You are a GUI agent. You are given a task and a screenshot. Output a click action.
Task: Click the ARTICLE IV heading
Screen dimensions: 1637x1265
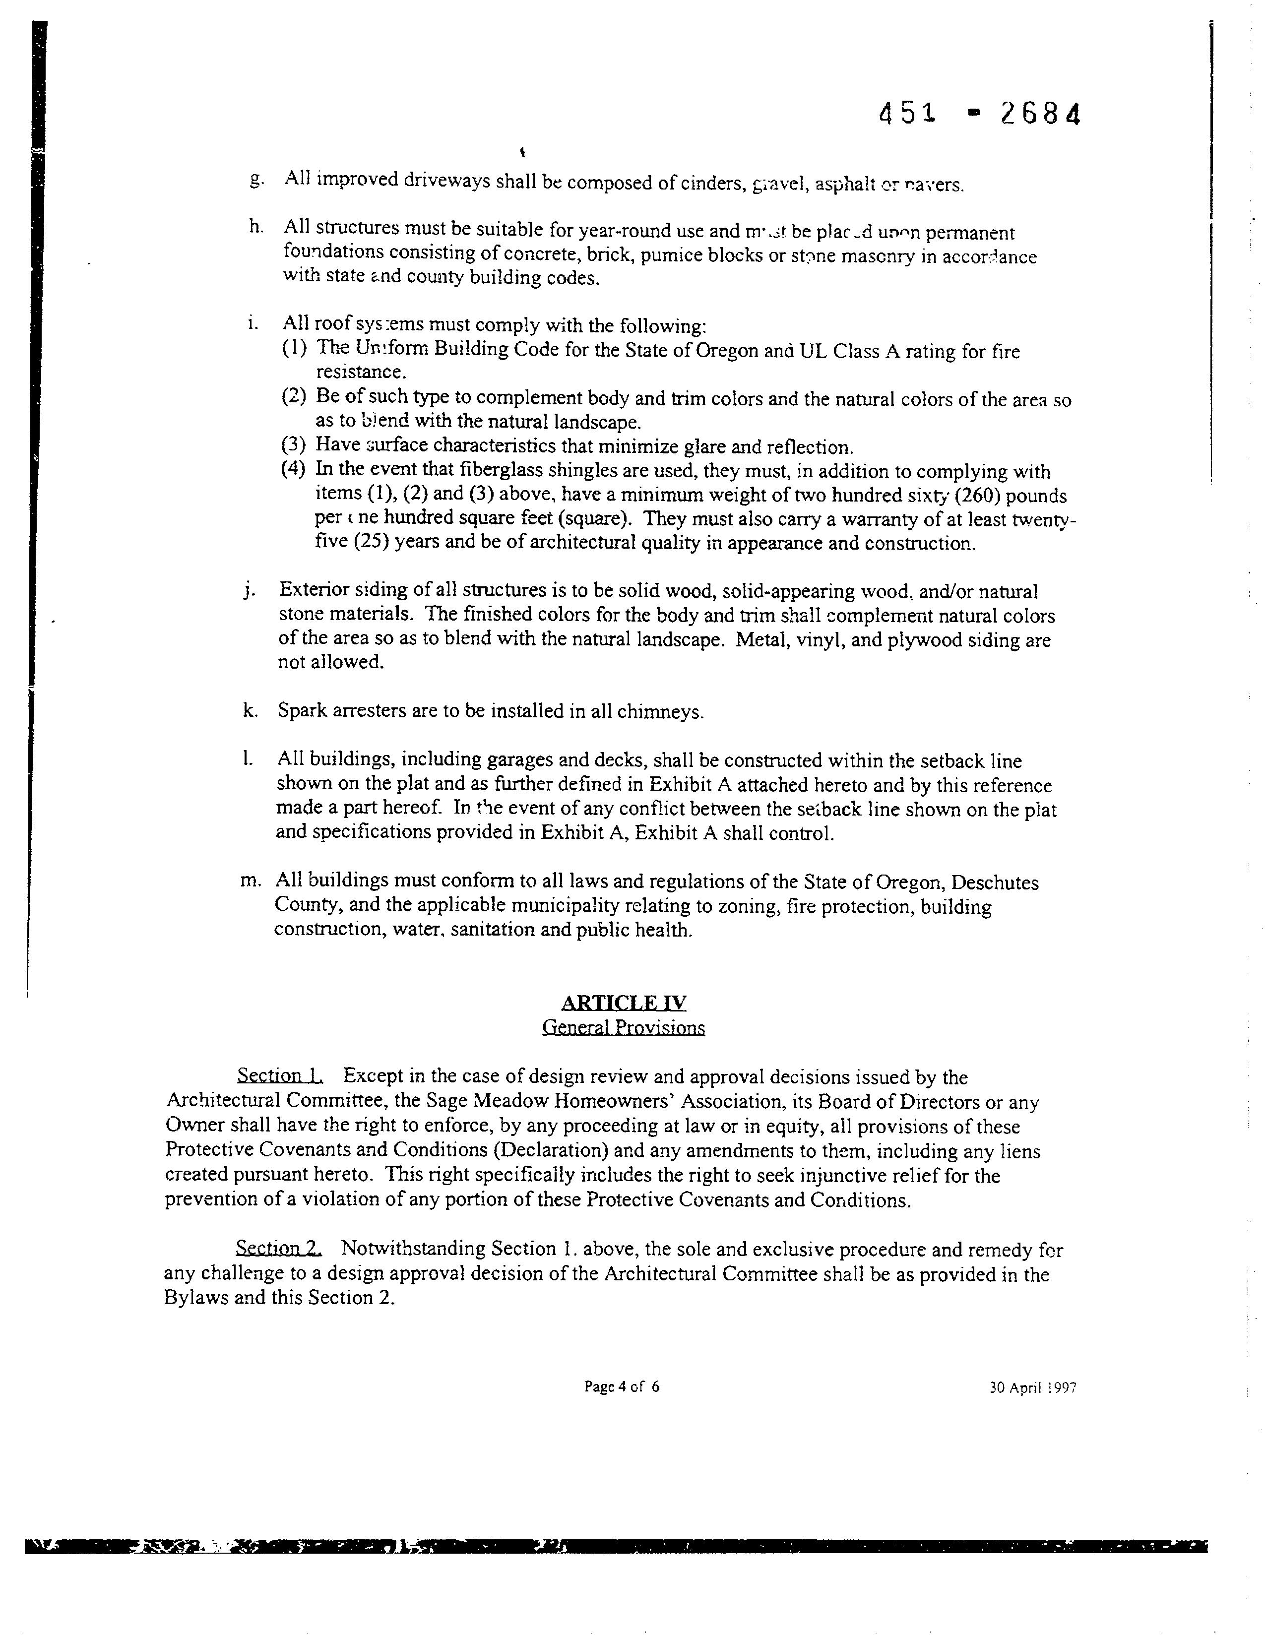(624, 1003)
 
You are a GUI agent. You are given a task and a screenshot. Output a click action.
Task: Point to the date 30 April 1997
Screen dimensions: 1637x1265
(1033, 1387)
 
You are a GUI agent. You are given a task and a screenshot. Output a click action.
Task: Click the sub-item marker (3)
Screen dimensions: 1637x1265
(294, 445)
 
